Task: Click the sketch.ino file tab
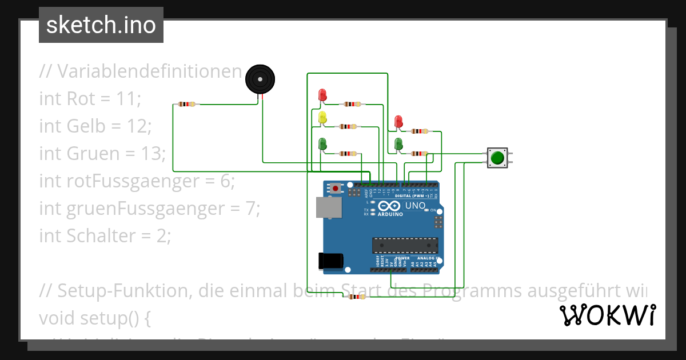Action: [x=101, y=25]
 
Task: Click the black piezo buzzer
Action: [x=260, y=79]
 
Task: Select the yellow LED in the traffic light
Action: [x=322, y=118]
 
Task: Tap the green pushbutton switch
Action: [x=497, y=157]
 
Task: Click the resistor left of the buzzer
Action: [x=186, y=104]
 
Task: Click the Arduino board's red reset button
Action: [x=336, y=187]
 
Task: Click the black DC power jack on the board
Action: [x=330, y=261]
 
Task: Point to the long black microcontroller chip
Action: [x=405, y=245]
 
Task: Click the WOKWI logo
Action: [x=607, y=315]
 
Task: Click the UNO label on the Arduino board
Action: [x=415, y=206]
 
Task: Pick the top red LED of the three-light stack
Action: [x=322, y=94]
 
